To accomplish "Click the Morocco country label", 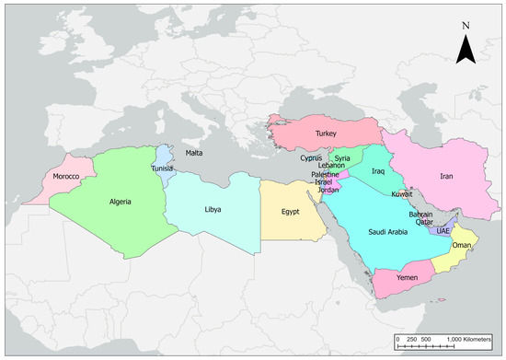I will pos(67,176).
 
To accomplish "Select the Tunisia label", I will pos(162,168).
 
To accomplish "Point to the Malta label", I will pos(194,153).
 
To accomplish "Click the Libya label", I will pos(213,209).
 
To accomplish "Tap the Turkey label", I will pos(327,134).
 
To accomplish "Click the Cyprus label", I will pos(311,157).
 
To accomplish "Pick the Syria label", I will pos(342,157).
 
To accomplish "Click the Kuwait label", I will pos(402,195).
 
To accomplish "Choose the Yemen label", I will pos(407,276).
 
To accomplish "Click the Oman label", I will pos(462,246).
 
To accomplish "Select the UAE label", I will pos(443,230).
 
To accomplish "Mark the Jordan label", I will pos(328,190).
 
